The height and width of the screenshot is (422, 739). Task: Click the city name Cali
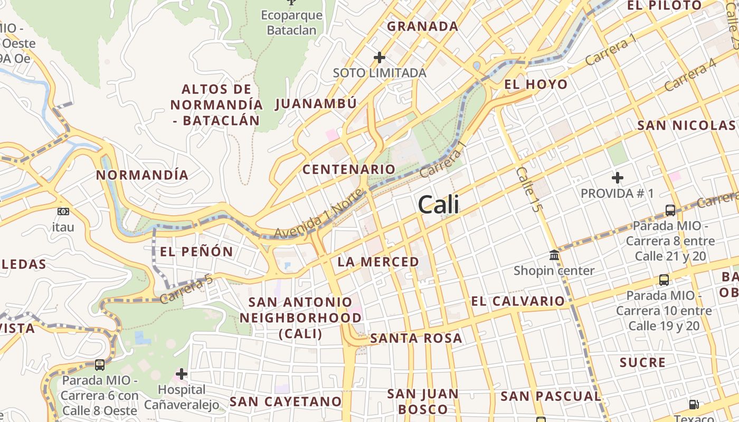(438, 205)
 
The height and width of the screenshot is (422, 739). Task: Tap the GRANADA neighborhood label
(422, 26)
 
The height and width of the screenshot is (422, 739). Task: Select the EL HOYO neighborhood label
(536, 84)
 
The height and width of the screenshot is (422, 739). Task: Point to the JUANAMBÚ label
(316, 103)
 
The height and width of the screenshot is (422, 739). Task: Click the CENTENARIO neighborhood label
(348, 169)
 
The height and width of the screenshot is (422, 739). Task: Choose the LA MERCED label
(378, 262)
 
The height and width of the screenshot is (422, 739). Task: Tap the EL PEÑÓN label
(196, 252)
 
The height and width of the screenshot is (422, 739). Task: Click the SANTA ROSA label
(416, 338)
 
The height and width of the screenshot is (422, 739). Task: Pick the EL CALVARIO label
(518, 301)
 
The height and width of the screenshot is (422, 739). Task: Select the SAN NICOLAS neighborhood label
(686, 126)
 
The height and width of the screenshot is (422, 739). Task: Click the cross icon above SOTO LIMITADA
(380, 57)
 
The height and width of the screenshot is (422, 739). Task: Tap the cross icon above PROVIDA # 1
(617, 178)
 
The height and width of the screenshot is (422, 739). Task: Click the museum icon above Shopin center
(554, 255)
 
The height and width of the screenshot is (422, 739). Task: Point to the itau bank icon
(63, 212)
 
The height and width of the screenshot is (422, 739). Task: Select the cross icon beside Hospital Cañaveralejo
(182, 374)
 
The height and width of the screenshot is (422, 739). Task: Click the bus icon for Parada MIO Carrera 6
(99, 365)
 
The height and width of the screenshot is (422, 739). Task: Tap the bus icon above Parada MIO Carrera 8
(670, 210)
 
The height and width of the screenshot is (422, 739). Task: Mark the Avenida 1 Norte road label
(319, 215)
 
